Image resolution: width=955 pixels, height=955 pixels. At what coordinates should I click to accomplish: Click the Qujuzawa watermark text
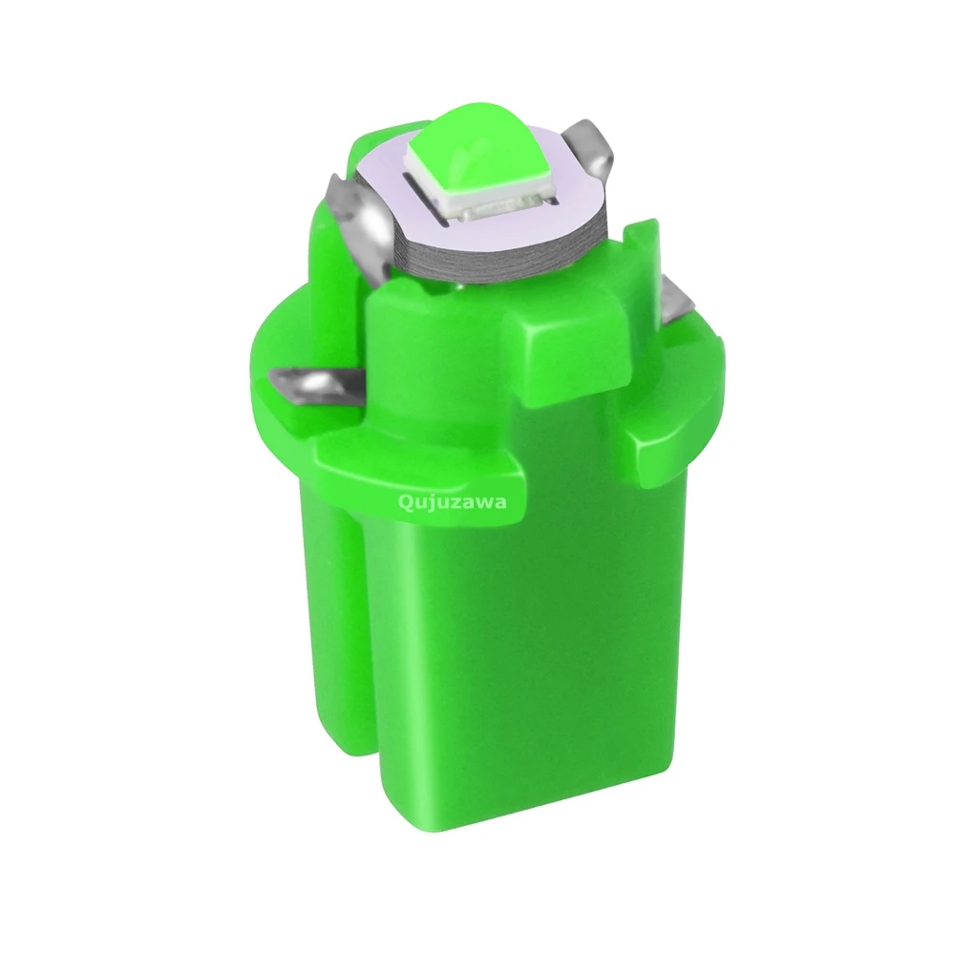[x=452, y=503]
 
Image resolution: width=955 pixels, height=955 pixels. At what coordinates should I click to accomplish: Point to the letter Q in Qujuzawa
[x=405, y=502]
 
